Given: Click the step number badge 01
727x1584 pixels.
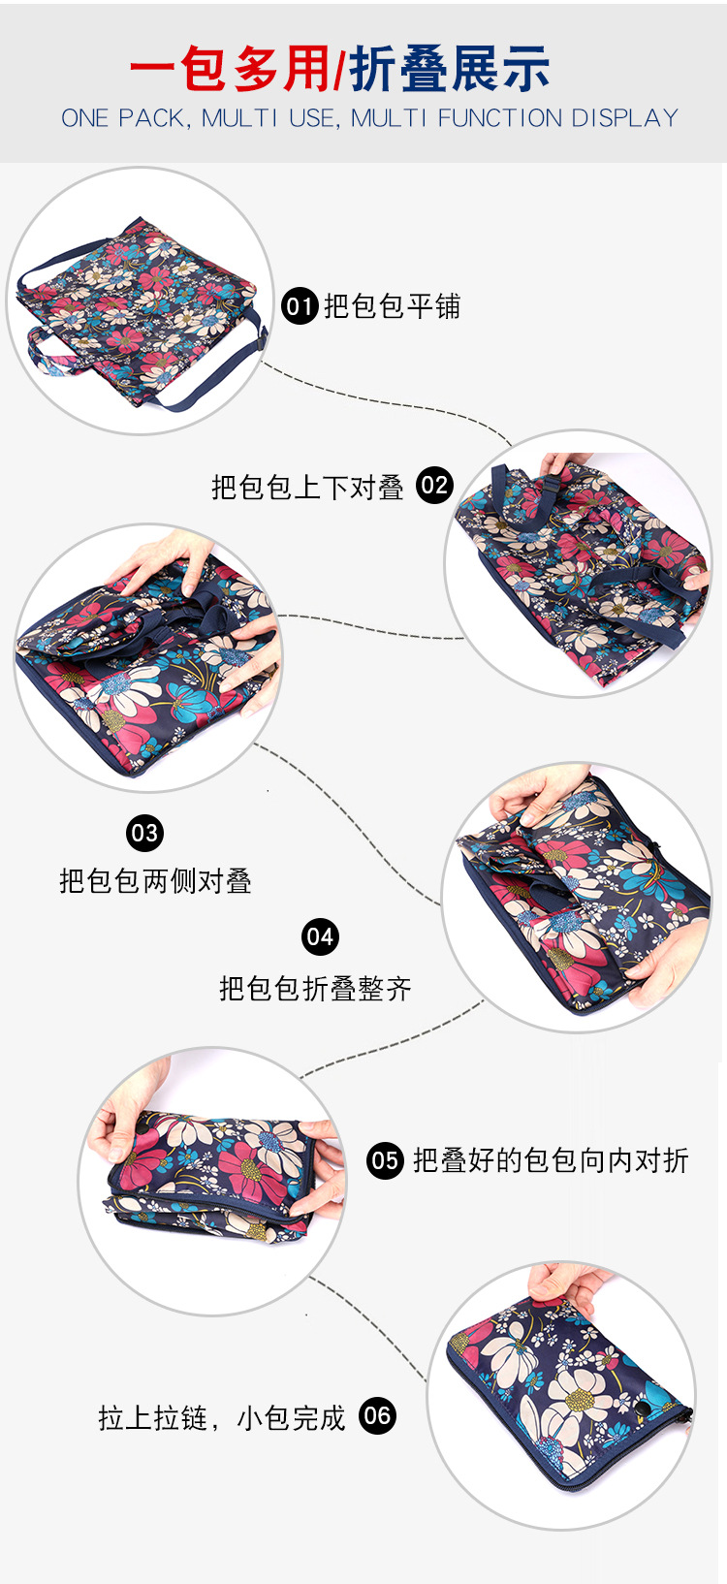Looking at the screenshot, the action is [x=300, y=306].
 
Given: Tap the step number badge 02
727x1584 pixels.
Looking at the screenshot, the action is [x=434, y=486].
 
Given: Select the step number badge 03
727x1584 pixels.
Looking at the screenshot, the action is [x=145, y=833].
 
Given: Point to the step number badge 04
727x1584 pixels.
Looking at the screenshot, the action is [x=320, y=937].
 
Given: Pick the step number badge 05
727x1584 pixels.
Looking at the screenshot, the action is [x=385, y=1160].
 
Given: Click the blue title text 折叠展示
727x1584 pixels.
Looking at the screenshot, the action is [x=450, y=69].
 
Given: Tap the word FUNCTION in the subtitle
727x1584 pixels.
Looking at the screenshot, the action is [x=499, y=118].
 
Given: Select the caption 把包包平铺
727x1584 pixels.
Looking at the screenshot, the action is [x=393, y=307].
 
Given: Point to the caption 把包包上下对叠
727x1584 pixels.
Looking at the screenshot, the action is [x=307, y=488].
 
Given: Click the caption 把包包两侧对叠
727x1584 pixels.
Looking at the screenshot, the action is [x=156, y=881].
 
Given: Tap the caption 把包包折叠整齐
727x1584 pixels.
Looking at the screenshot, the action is [x=315, y=989].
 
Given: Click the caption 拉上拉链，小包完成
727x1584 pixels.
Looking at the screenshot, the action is [x=222, y=1418].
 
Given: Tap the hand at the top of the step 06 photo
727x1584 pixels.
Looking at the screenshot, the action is [x=566, y=1284].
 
